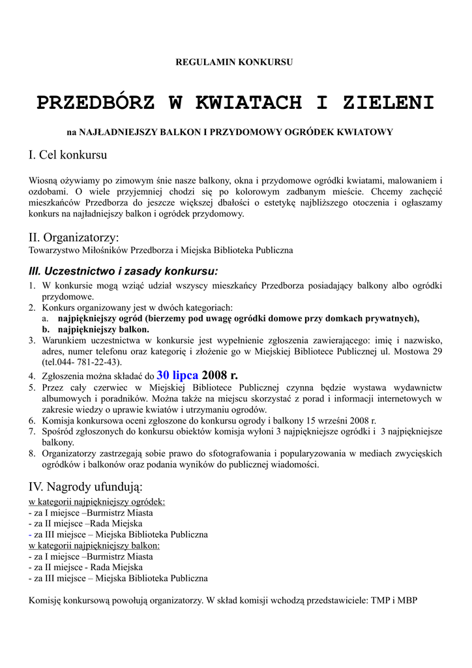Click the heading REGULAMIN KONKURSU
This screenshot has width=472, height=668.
click(235, 62)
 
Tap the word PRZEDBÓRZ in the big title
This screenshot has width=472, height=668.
click(96, 103)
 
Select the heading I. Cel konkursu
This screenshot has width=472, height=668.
click(68, 155)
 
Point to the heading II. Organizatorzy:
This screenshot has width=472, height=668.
click(74, 237)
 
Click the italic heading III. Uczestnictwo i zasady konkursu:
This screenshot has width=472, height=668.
click(123, 271)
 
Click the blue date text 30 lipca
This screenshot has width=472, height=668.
click(177, 375)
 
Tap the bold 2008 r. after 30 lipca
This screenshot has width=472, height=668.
click(220, 375)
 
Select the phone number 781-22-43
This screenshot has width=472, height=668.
click(98, 362)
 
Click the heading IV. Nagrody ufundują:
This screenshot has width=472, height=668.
click(85, 487)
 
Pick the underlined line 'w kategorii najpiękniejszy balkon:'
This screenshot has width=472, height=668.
click(95, 545)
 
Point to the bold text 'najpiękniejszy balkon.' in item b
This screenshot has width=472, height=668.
click(104, 329)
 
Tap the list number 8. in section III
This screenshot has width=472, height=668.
click(33, 453)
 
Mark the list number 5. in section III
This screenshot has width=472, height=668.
click(33, 387)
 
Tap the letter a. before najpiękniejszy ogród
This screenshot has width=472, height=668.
click(46, 318)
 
